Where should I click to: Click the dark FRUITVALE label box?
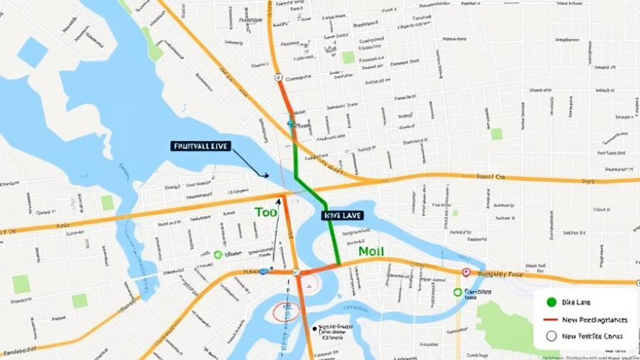coord(201,146)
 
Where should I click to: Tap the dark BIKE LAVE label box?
coord(343,214)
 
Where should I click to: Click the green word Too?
coord(265,212)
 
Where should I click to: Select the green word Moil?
coord(371,251)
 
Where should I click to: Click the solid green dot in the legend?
coord(551,302)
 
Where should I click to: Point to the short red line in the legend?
coord(551,319)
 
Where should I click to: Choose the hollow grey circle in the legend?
coord(551,337)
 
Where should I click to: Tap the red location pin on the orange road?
coord(466,272)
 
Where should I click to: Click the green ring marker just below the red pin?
coord(457,292)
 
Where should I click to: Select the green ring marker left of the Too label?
coord(218,254)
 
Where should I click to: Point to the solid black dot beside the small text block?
coord(314,329)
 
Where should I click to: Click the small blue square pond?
coord(32,52)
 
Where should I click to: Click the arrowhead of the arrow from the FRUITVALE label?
coord(266,175)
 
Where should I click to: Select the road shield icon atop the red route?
coord(279,77)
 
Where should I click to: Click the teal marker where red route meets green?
coord(291,124)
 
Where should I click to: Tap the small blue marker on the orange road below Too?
coord(264,271)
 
